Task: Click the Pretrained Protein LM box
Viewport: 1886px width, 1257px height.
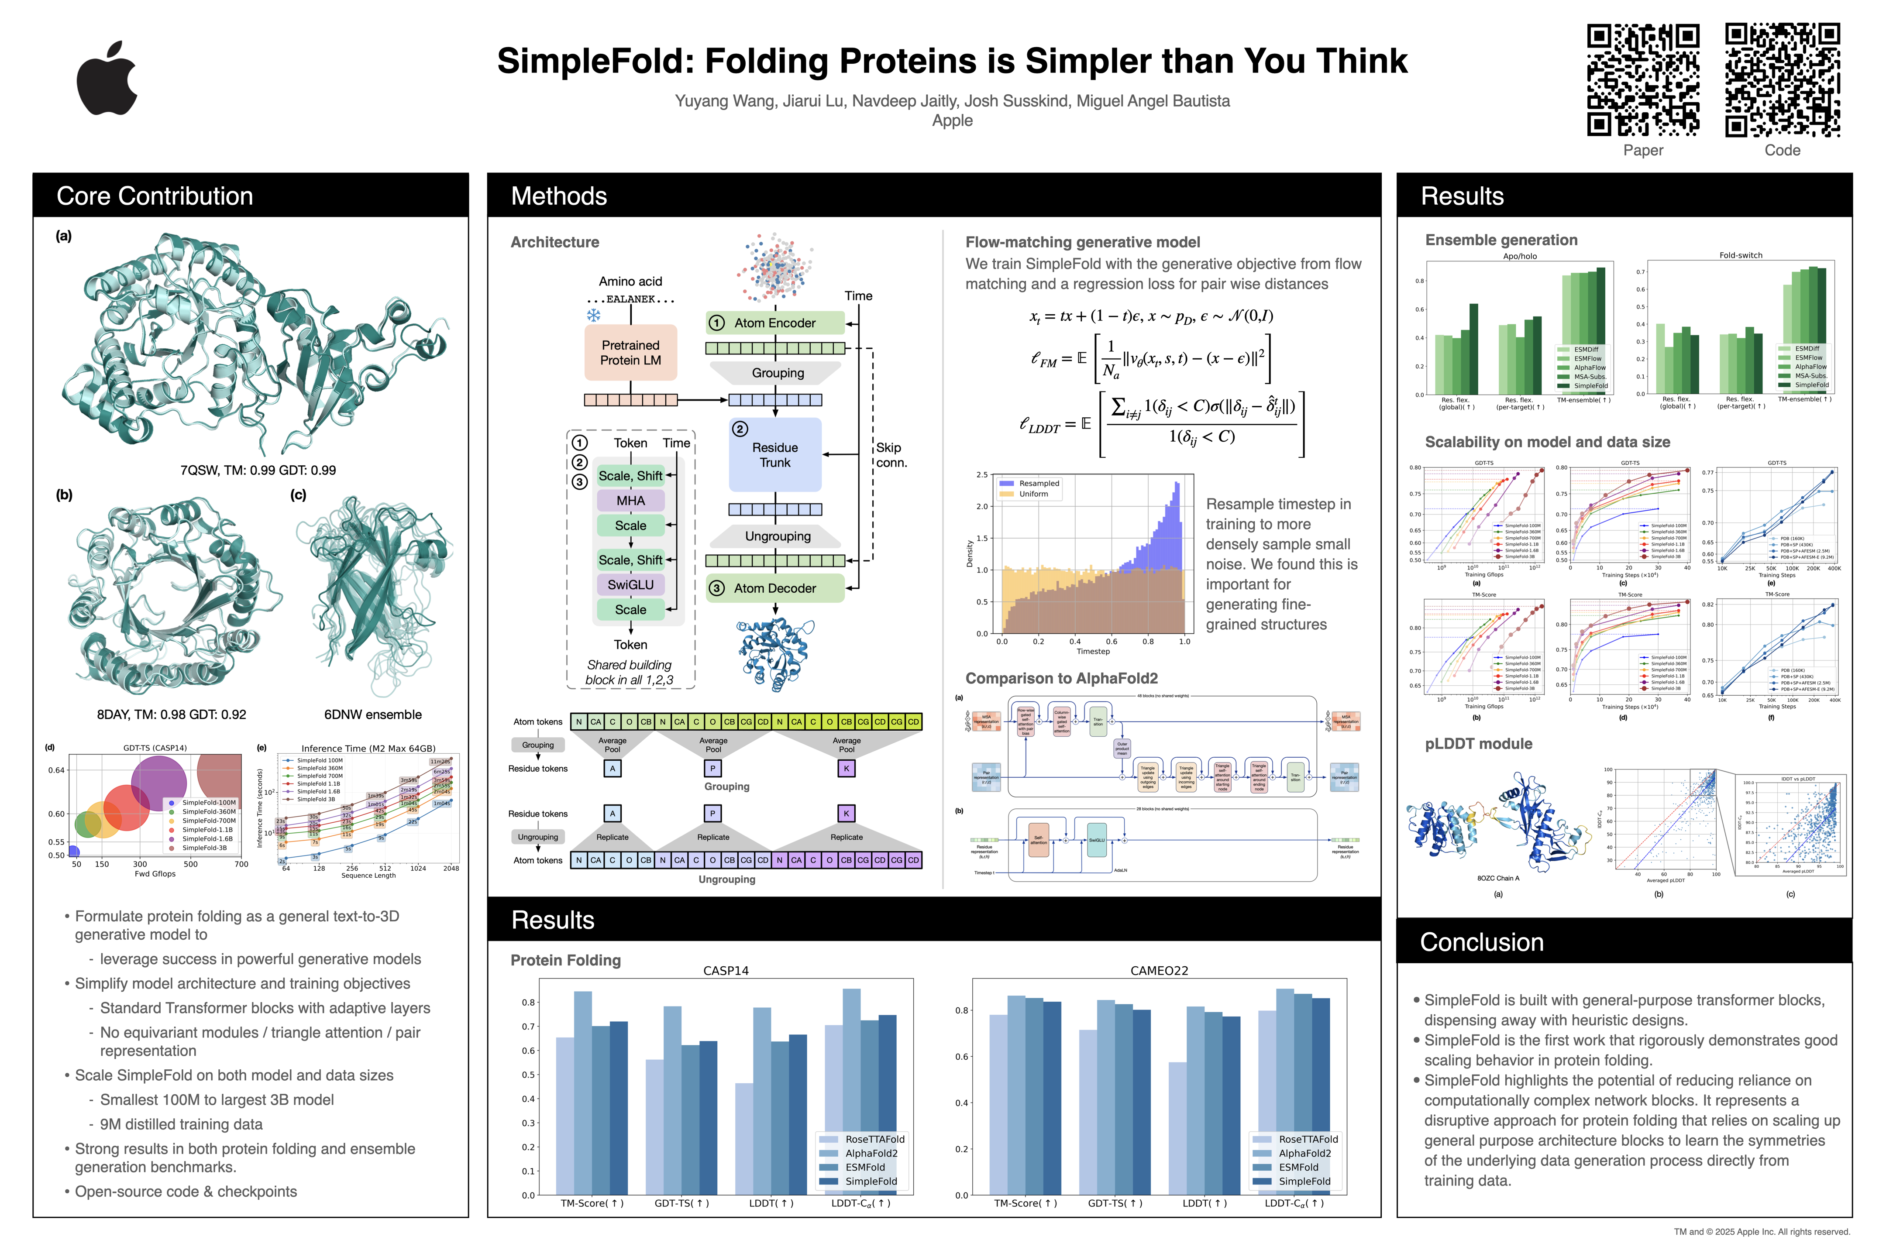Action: (x=630, y=353)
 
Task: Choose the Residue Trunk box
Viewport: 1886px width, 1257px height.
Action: (x=774, y=454)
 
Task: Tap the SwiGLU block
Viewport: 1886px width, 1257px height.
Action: (x=630, y=584)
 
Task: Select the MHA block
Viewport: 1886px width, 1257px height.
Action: (x=630, y=500)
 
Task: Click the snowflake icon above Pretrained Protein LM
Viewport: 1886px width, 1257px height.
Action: (x=593, y=315)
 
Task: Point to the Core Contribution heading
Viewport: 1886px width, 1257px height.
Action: (x=155, y=196)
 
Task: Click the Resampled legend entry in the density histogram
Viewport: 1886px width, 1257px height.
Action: (x=1039, y=484)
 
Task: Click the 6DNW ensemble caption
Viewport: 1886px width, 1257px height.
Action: (x=373, y=714)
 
